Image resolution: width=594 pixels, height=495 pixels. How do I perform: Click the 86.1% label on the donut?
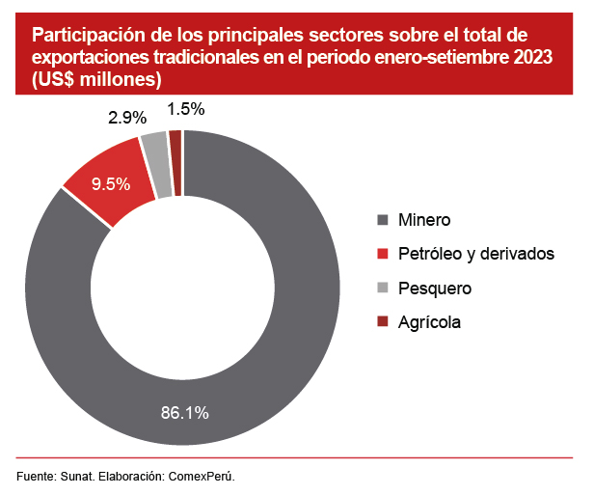click(184, 413)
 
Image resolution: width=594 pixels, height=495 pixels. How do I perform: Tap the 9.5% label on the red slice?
click(110, 184)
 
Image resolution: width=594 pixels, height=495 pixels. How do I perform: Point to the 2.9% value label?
click(127, 118)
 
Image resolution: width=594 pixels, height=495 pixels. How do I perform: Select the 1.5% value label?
click(185, 109)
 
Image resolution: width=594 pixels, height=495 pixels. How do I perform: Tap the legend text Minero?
click(424, 220)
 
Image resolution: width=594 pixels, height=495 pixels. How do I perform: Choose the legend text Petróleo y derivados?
click(476, 254)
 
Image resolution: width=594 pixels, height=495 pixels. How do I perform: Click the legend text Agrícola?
click(429, 321)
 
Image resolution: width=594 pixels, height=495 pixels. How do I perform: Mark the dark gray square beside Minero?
click(383, 220)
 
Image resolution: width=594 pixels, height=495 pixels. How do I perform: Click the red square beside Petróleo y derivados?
click(383, 254)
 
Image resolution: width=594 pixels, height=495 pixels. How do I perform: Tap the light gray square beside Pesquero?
click(383, 288)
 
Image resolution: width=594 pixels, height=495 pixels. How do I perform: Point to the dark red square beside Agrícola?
click(383, 321)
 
